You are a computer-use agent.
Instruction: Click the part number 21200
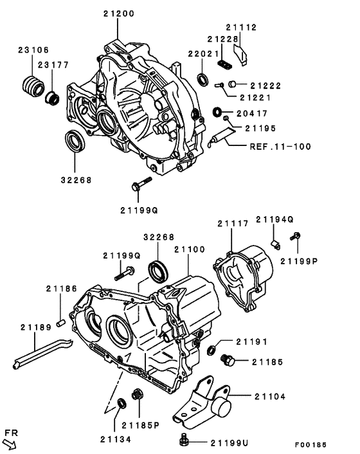118,14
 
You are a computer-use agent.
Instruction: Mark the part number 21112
241,28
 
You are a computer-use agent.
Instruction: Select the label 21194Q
274,219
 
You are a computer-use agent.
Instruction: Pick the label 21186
61,290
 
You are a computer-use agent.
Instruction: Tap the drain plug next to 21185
226,361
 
